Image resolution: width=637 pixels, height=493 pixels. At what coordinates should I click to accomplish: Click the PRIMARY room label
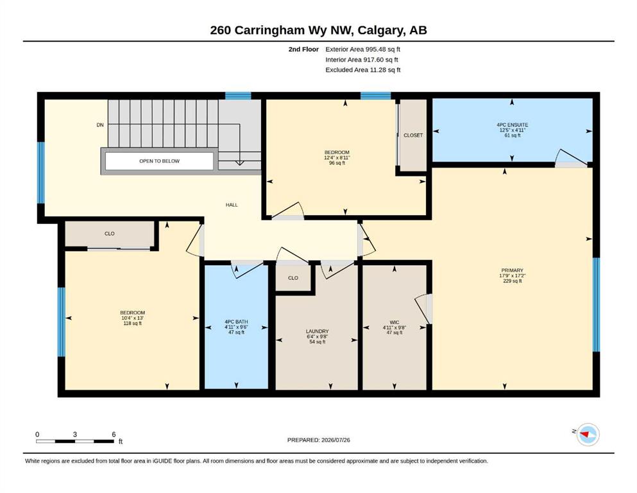pyautogui.click(x=513, y=270)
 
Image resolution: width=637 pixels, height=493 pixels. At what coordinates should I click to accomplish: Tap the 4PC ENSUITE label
pyautogui.click(x=513, y=125)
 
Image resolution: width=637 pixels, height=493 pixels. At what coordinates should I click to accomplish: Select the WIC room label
pyautogui.click(x=394, y=322)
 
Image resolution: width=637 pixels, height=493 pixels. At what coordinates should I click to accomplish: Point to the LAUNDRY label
pyautogui.click(x=318, y=331)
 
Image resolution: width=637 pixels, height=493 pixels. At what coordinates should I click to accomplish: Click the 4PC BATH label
pyautogui.click(x=236, y=322)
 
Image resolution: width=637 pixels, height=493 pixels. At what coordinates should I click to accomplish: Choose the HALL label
pyautogui.click(x=232, y=205)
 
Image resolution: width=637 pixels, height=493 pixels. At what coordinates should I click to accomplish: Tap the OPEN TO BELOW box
pyautogui.click(x=159, y=161)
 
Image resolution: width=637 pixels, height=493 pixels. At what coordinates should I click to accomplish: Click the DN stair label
pyautogui.click(x=100, y=125)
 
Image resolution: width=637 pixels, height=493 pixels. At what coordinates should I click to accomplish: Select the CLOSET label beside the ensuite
pyautogui.click(x=413, y=135)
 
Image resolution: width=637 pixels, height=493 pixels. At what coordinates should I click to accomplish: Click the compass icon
pyautogui.click(x=588, y=435)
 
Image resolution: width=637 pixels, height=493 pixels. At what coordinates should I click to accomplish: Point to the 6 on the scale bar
pyautogui.click(x=114, y=434)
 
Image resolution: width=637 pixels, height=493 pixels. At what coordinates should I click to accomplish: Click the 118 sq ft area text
pyautogui.click(x=132, y=324)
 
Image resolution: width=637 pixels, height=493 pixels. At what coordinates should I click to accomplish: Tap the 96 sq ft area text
pyautogui.click(x=337, y=163)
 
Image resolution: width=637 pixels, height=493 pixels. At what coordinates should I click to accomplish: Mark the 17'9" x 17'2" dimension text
pyautogui.click(x=513, y=275)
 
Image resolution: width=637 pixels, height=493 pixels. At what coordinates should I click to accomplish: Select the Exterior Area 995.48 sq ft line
pyautogui.click(x=363, y=49)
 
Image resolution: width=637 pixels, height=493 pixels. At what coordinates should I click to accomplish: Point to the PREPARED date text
pyautogui.click(x=318, y=440)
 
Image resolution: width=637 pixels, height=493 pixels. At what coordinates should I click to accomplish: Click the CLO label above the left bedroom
pyautogui.click(x=109, y=234)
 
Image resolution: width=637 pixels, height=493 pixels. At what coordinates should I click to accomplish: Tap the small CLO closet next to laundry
pyautogui.click(x=293, y=278)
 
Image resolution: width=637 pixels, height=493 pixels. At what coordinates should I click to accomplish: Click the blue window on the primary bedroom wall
pyautogui.click(x=596, y=304)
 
